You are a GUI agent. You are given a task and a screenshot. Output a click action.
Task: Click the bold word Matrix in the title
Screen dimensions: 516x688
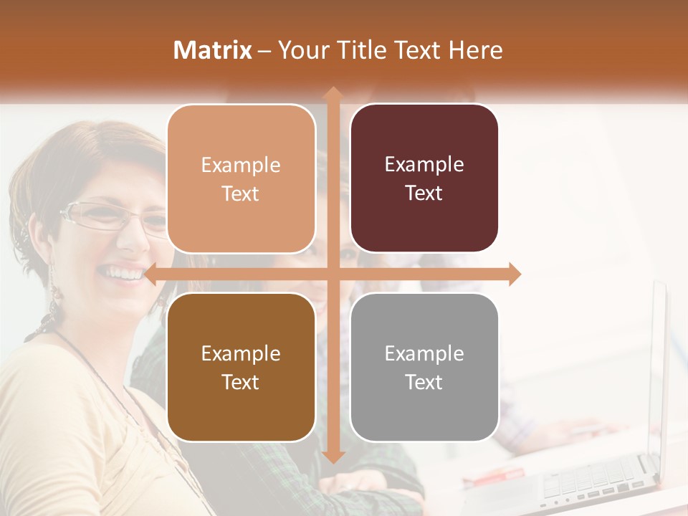(213, 50)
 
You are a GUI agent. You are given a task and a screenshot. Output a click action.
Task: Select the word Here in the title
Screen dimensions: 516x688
(475, 50)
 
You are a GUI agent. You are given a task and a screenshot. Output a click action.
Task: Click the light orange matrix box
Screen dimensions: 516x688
(241, 178)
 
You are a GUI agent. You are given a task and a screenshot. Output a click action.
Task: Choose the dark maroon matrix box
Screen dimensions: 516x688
(424, 178)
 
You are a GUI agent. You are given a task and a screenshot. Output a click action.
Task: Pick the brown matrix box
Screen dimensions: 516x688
(241, 367)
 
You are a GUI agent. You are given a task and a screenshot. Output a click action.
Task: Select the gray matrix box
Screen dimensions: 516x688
(424, 367)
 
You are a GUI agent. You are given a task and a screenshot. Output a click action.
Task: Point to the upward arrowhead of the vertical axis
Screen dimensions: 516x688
(333, 94)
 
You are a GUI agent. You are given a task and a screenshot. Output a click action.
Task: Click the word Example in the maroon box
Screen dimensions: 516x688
(424, 164)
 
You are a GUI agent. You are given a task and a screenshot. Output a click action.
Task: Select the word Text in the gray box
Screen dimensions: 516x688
(424, 382)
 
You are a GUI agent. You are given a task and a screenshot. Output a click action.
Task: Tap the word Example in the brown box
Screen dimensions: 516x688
(241, 353)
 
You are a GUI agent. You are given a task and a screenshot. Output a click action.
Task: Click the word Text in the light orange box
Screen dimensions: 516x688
(241, 193)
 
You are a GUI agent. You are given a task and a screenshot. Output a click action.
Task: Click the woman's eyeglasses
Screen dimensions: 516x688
(107, 216)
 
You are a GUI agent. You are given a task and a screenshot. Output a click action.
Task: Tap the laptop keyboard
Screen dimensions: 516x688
(588, 480)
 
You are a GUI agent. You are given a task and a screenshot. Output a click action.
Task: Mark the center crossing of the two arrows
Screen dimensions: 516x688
(333, 274)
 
